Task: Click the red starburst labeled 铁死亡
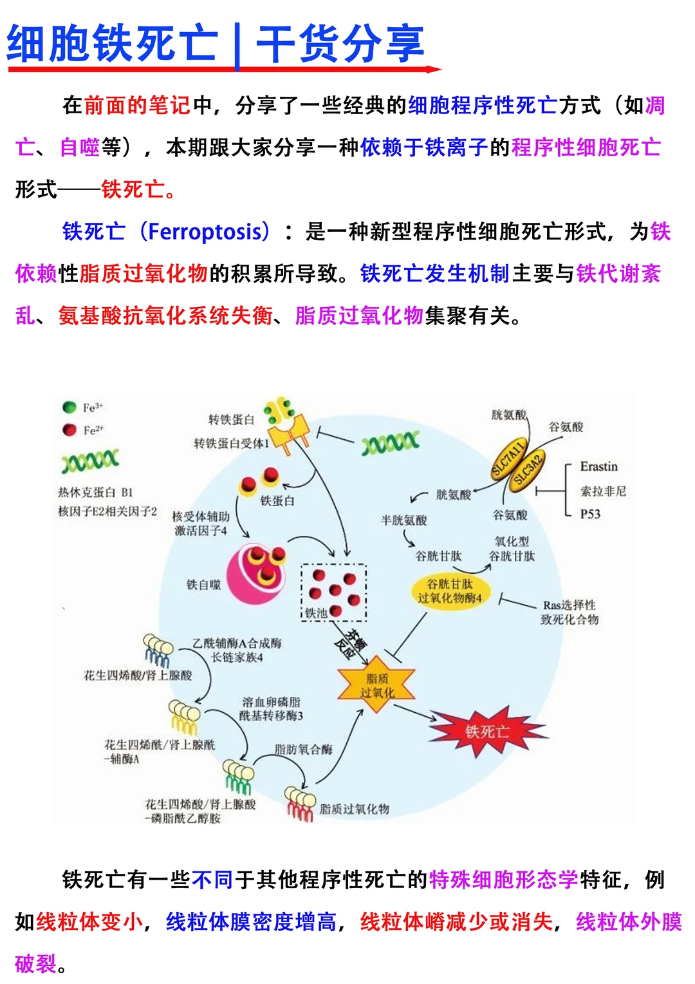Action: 487,731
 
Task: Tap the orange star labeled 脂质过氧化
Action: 376,686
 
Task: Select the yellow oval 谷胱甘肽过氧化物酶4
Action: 450,591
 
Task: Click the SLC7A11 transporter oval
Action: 509,458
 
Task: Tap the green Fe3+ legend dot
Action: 69,407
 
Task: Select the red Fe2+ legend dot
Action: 69,430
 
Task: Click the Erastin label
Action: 598,466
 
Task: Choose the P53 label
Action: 590,514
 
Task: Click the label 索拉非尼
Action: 603,491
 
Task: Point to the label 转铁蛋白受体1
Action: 232,443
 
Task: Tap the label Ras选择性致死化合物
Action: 570,612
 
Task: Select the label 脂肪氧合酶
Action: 303,749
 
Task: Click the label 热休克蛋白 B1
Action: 95,493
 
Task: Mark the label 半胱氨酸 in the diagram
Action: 403,520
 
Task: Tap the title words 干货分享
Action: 340,44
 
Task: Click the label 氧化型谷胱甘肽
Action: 512,548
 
